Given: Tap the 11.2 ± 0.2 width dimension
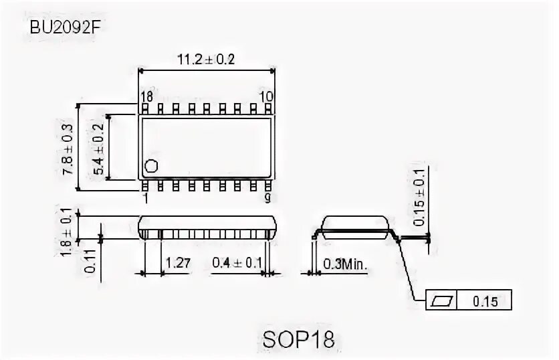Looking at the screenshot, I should pos(205,60).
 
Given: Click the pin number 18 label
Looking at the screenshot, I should pos(146,97).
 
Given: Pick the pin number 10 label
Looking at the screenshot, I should pos(266,97).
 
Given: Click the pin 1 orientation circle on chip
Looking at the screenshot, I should pos(152,166).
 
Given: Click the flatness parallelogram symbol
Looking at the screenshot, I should pos(443,301).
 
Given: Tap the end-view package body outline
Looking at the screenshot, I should pos(356,226).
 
